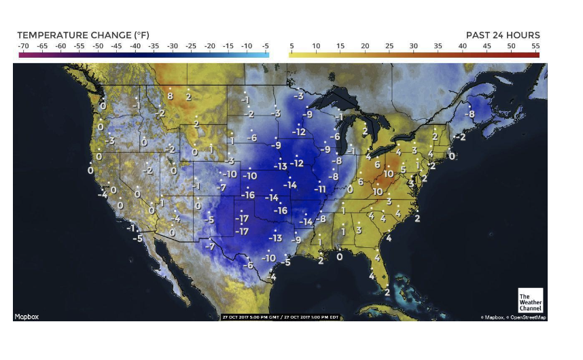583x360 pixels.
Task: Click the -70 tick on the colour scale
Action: [22, 46]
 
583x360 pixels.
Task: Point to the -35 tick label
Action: [154, 46]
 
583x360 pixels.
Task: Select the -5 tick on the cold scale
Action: [265, 46]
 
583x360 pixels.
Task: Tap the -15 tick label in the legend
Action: [228, 46]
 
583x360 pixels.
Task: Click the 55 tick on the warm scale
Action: [535, 46]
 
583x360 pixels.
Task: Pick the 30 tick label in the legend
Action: [413, 46]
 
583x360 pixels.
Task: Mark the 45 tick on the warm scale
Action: [487, 46]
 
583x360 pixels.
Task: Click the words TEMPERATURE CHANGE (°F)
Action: [83, 35]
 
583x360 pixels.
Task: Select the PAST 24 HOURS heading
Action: [503, 35]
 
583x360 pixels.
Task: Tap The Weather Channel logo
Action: [530, 302]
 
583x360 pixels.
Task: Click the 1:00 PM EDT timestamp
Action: [319, 317]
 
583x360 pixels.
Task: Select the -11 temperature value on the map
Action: [320, 190]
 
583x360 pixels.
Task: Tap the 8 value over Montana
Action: [171, 96]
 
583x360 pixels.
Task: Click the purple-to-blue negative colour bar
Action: [144, 54]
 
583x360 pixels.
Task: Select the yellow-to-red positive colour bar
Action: [414, 54]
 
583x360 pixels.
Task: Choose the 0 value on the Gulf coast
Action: [340, 257]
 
